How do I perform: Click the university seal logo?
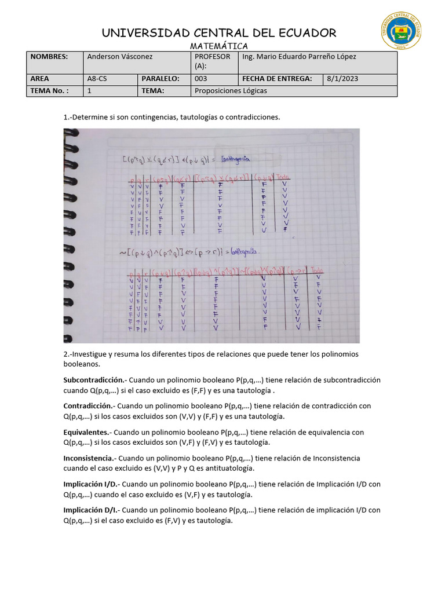tap(401, 32)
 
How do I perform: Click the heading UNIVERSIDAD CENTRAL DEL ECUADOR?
tap(219, 32)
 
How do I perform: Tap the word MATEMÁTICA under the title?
tap(219, 46)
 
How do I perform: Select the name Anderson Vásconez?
tap(120, 57)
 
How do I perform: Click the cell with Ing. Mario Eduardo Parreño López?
tap(299, 57)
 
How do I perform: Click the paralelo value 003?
tap(200, 79)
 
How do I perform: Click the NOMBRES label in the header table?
tap(49, 57)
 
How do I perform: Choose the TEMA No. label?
tap(49, 91)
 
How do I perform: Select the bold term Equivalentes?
tap(86, 432)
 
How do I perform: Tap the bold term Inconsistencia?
tap(89, 458)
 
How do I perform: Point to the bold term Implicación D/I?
tap(90, 510)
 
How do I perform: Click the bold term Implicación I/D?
tap(90, 484)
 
